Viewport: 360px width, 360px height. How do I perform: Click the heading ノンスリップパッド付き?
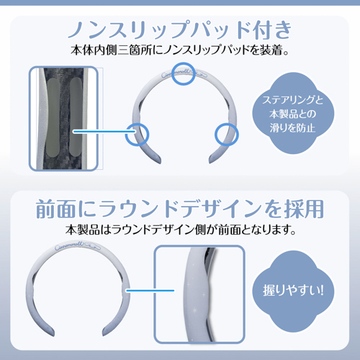click(179, 30)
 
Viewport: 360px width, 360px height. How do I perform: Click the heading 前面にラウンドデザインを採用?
click(180, 209)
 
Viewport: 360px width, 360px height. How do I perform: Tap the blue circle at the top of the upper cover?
click(184, 73)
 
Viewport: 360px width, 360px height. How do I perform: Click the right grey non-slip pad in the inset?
click(76, 117)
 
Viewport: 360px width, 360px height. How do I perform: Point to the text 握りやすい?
click(293, 291)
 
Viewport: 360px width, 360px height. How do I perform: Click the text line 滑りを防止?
click(292, 127)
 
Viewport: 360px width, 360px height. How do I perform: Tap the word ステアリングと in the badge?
click(293, 100)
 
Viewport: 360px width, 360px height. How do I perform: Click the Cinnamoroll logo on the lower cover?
click(78, 247)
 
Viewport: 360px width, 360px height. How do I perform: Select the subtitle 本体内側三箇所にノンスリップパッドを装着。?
click(179, 50)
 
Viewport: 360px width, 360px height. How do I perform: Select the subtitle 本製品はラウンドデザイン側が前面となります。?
click(181, 230)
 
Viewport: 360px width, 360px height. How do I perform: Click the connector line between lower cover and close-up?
click(150, 291)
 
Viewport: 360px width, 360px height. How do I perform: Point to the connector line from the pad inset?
click(104, 131)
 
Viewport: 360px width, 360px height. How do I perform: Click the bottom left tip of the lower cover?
click(52, 334)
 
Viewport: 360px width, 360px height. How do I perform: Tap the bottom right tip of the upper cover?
click(211, 162)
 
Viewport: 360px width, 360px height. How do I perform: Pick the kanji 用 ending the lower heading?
click(314, 209)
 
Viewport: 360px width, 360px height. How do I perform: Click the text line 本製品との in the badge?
click(292, 114)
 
